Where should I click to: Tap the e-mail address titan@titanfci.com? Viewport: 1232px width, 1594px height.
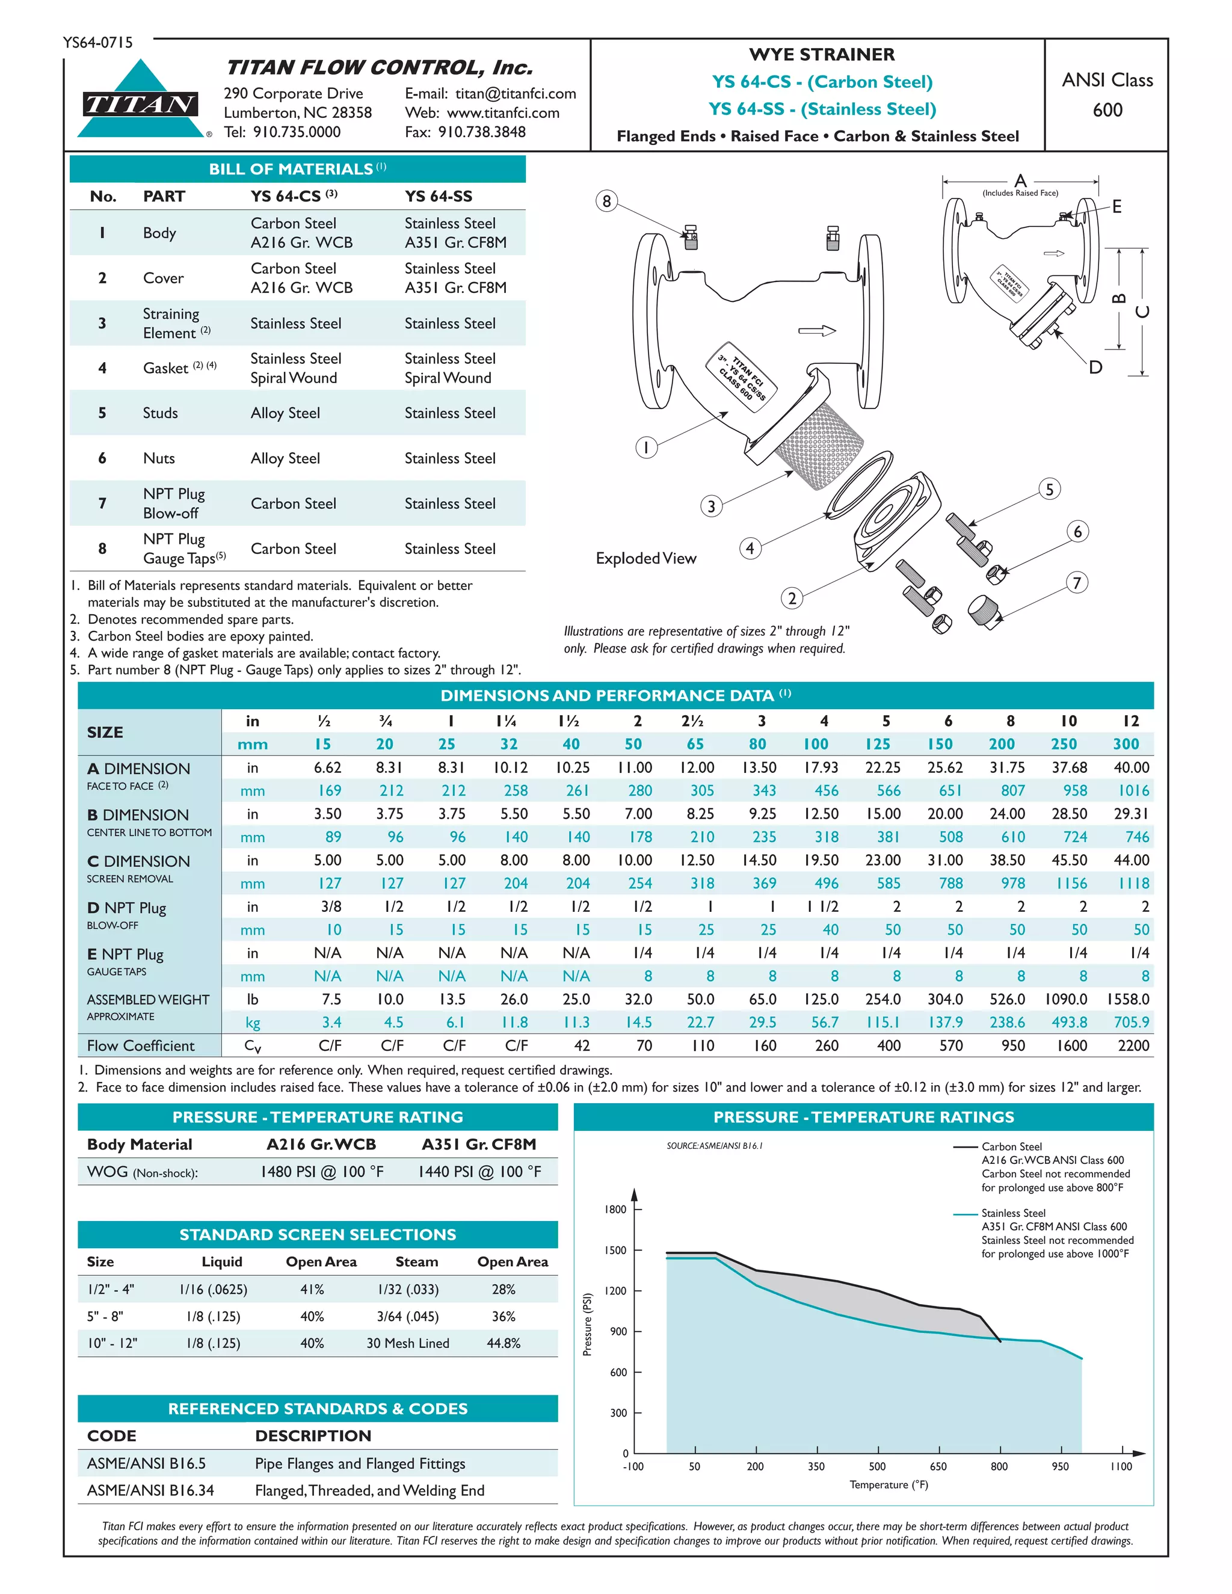(x=516, y=93)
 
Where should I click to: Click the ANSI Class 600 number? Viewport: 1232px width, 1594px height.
(x=1107, y=110)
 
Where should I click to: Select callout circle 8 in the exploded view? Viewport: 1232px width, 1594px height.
(x=606, y=202)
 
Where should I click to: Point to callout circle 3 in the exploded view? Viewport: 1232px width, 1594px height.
(x=712, y=506)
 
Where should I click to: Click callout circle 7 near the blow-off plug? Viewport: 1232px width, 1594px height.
(x=1077, y=583)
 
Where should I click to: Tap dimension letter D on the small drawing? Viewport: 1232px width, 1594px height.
(x=1095, y=367)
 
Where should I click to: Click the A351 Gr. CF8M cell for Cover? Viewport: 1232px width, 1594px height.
(x=455, y=288)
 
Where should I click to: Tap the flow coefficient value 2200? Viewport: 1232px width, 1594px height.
(x=1133, y=1046)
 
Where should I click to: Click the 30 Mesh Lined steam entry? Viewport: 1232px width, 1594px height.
(x=407, y=1343)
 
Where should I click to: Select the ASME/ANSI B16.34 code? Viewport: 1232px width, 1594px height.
(x=150, y=1491)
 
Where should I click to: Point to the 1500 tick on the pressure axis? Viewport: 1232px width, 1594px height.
(x=615, y=1251)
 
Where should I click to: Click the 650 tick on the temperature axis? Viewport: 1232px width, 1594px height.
(x=938, y=1466)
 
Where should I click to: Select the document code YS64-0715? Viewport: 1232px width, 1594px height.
(x=98, y=42)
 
